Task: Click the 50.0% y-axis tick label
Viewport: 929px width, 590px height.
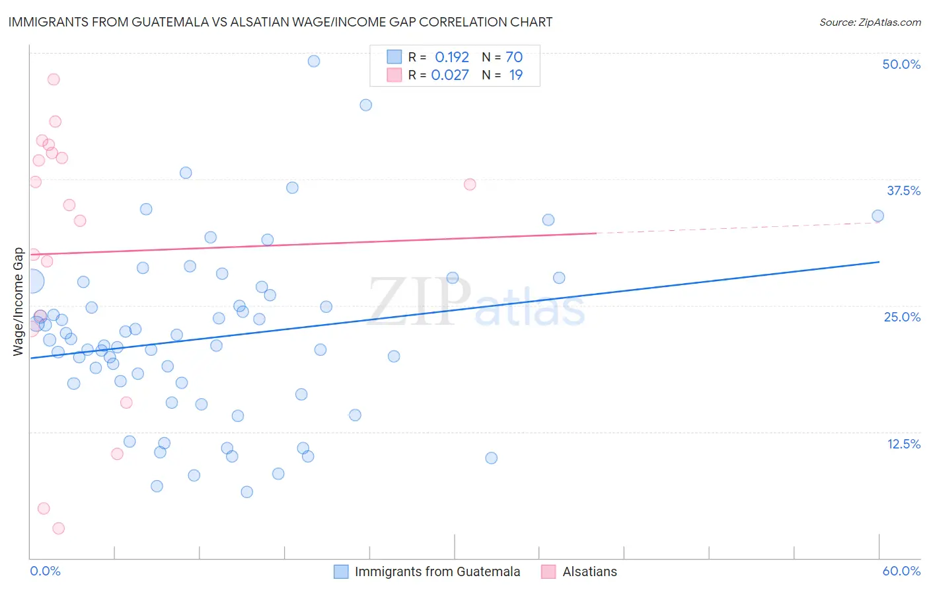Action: click(x=901, y=64)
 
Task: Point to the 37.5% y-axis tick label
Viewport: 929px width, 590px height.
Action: click(x=903, y=190)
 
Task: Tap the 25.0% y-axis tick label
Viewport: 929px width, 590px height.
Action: click(x=902, y=317)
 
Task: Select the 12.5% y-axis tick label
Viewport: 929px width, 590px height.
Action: click(x=903, y=444)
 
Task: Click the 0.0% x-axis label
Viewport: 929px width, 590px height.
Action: click(x=45, y=571)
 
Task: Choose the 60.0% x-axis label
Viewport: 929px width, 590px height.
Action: click(x=901, y=571)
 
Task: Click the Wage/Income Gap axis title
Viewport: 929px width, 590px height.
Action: click(x=19, y=302)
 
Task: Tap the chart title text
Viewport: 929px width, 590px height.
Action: click(x=280, y=22)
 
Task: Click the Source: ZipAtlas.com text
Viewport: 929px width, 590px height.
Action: click(x=870, y=22)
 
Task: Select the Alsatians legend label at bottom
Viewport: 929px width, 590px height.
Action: click(x=589, y=571)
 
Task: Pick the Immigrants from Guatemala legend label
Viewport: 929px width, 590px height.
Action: click(x=437, y=571)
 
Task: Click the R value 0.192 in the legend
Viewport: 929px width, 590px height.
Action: click(x=451, y=58)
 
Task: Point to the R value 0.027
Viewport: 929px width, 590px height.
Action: click(x=450, y=75)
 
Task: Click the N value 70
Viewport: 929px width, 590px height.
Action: click(x=514, y=58)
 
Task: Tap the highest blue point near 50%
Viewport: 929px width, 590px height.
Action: click(x=314, y=61)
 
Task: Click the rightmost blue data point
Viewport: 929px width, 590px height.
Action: click(x=877, y=216)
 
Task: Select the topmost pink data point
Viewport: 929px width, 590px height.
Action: click(x=54, y=79)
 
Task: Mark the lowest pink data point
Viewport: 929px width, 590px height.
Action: click(x=58, y=528)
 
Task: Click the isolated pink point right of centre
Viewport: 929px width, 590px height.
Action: click(x=470, y=185)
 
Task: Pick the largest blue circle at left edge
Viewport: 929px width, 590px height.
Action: click(x=32, y=281)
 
